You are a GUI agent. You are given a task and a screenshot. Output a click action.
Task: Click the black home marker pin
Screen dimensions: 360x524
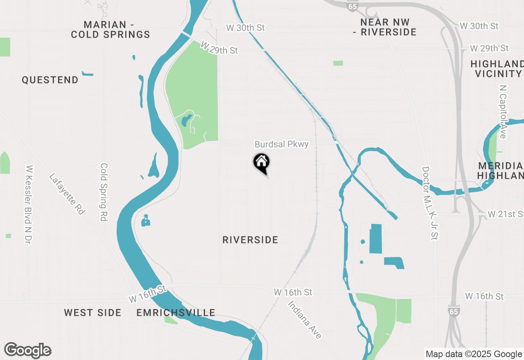tap(262, 162)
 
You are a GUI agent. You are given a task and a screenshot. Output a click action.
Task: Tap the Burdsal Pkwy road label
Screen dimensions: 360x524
tap(282, 144)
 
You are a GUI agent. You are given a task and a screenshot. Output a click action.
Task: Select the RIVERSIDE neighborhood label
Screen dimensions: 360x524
tap(250, 240)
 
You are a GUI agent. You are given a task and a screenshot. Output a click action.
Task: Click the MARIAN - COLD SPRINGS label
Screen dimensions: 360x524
tap(111, 29)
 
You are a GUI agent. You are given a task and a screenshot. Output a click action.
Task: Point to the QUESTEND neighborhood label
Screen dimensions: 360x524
tap(50, 80)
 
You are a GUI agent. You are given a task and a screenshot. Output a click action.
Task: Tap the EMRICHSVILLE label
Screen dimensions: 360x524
tap(176, 313)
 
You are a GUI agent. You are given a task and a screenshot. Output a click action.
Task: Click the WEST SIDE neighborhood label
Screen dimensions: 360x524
tap(93, 313)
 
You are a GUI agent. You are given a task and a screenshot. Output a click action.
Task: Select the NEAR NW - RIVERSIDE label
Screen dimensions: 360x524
tap(385, 27)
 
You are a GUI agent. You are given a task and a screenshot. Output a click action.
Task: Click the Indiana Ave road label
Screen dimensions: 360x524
tap(304, 319)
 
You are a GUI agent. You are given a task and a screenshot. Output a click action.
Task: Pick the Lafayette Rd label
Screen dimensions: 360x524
tap(67, 194)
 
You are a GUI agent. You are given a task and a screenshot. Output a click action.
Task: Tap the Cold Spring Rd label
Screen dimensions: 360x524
tap(104, 192)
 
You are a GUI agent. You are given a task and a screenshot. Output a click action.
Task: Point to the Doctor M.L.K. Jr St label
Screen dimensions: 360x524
tap(430, 203)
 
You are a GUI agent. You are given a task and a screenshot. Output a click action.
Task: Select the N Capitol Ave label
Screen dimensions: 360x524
tap(503, 111)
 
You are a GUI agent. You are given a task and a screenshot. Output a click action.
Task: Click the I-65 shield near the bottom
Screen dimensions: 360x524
tap(453, 310)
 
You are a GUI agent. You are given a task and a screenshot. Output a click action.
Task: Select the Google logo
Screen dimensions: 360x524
tap(28, 350)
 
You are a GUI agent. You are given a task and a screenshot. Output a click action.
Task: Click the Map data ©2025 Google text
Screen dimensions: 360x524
tap(474, 354)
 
